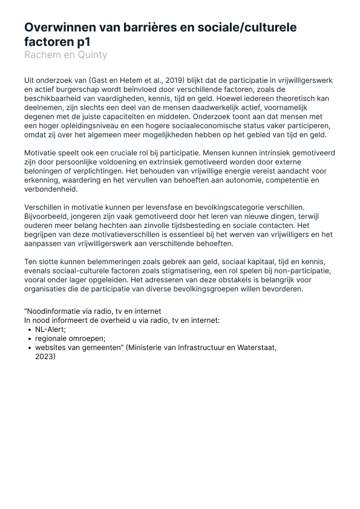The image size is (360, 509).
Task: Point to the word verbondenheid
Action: (51, 189)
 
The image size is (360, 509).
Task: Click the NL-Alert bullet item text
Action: (50, 329)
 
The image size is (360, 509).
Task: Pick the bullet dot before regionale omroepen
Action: (30, 339)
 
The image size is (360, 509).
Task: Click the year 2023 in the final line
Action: (44, 357)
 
